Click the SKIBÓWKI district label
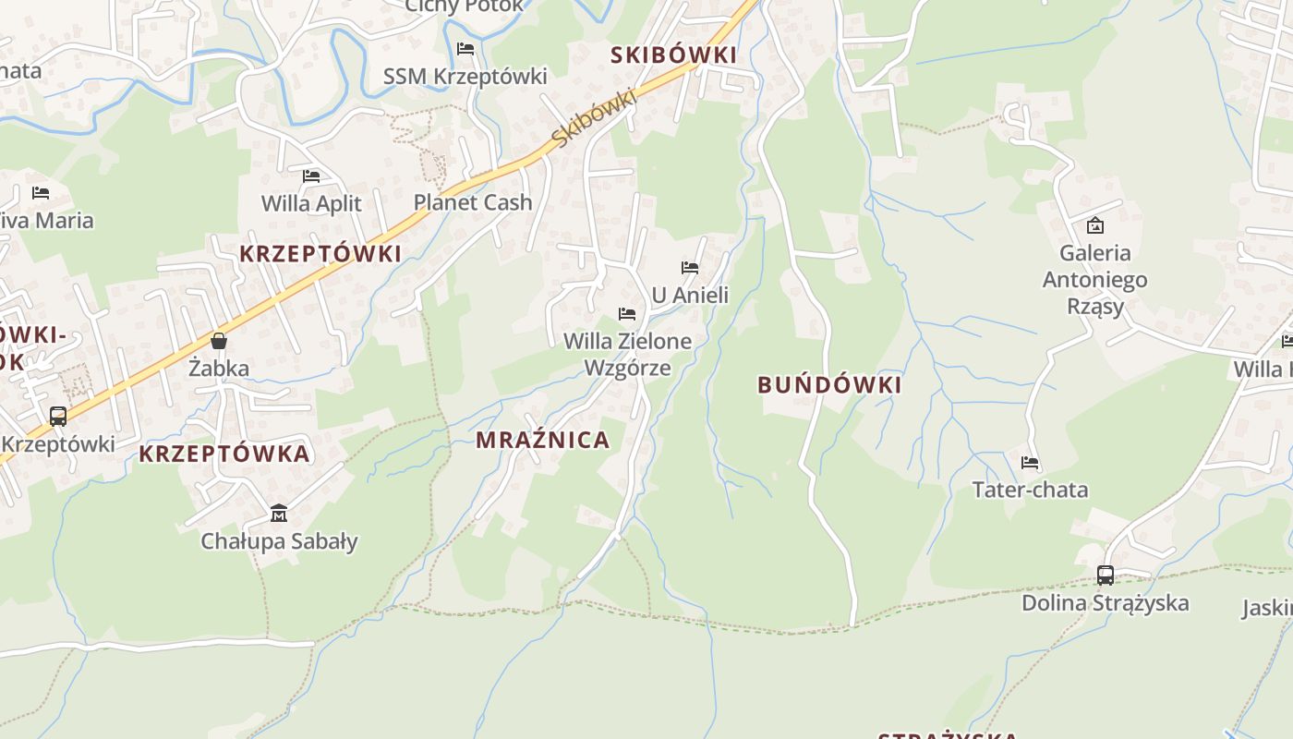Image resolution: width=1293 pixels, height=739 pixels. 674,55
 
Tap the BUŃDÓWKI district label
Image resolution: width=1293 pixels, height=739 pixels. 829,385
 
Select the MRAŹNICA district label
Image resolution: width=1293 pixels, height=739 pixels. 543,440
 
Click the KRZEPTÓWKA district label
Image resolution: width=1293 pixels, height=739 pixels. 224,454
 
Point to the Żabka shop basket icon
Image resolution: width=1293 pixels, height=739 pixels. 219,341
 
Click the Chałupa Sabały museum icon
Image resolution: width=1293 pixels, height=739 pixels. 279,513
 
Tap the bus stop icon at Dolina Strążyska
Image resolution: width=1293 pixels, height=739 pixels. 1106,575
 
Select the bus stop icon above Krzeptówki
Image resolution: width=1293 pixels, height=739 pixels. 58,417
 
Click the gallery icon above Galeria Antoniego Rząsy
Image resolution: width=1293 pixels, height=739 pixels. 1095,224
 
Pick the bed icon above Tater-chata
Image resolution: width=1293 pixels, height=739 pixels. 1030,463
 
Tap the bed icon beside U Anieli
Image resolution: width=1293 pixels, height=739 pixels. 690,268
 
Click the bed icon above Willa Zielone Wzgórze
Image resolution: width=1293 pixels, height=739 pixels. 627,314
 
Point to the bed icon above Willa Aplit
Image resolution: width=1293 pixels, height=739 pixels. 311,176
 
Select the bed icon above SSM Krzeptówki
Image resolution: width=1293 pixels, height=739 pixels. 465,48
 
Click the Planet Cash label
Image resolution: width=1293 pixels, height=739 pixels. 473,202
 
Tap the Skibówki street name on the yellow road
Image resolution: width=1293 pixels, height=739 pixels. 596,118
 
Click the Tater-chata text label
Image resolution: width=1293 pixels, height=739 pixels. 1030,490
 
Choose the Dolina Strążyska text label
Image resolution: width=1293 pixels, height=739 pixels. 1106,603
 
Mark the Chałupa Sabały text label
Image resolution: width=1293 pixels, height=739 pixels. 279,541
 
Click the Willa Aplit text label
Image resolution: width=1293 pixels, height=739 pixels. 311,203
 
